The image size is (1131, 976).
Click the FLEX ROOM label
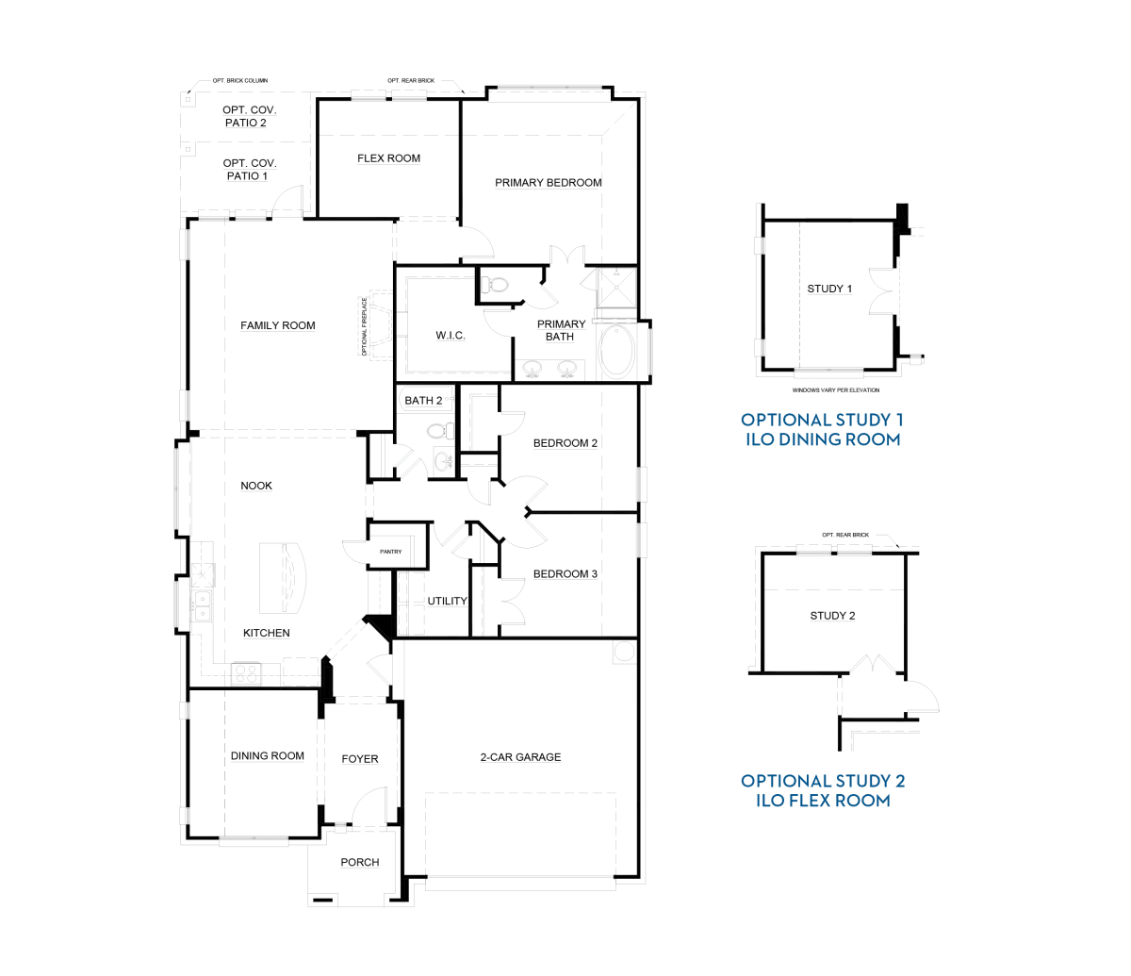click(388, 158)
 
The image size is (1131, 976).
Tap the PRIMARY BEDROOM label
click(549, 182)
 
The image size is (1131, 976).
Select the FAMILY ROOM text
click(278, 325)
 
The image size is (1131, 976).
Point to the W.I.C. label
click(451, 335)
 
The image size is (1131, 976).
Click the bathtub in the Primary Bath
click(617, 351)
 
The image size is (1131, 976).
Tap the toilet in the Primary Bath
click(495, 285)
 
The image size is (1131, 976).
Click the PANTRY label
click(391, 552)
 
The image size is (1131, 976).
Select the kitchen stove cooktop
click(246, 673)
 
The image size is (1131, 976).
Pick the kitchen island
click(283, 577)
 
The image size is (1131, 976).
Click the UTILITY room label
click(447, 601)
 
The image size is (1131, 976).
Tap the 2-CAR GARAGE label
click(520, 757)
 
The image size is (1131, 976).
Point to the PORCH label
click(359, 862)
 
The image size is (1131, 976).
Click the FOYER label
click(359, 759)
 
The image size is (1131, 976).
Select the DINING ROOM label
click(267, 755)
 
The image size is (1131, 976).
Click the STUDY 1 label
click(829, 289)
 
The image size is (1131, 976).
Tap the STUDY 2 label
click(832, 615)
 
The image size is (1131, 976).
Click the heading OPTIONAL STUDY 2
click(823, 781)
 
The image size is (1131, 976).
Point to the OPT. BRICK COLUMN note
click(240, 80)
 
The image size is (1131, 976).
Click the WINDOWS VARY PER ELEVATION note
click(836, 390)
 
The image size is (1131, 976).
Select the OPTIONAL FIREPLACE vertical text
click(364, 326)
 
